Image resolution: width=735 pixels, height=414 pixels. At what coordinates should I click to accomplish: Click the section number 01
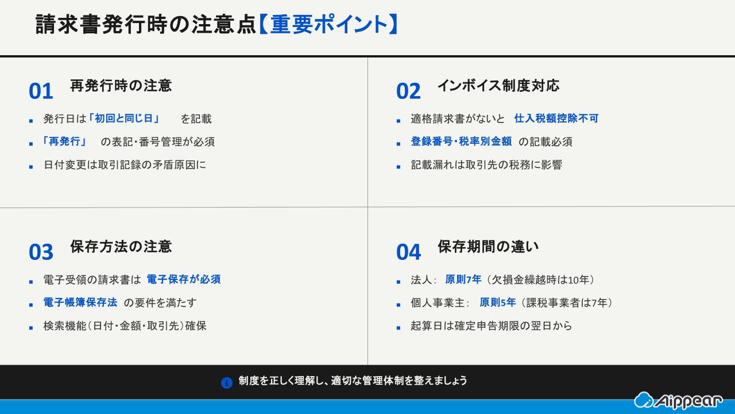[x=41, y=91]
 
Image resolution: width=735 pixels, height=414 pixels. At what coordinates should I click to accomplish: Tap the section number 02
[x=408, y=91]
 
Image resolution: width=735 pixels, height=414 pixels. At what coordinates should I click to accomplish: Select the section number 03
[x=41, y=252]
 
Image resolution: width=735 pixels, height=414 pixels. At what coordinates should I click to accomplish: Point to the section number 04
[x=408, y=252]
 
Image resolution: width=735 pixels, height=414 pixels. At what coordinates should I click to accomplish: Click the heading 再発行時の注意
[x=121, y=86]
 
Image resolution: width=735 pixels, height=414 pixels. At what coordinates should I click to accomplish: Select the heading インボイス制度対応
[x=498, y=86]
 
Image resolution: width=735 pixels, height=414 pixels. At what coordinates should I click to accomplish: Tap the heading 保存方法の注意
[x=121, y=247]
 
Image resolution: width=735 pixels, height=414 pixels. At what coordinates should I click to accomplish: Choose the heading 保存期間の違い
[x=488, y=247]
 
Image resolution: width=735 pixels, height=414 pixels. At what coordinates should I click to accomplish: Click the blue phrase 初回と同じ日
[x=124, y=118]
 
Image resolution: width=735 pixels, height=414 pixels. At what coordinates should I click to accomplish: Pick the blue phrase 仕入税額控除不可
[x=556, y=118]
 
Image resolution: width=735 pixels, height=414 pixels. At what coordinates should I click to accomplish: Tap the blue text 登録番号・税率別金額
[x=461, y=141]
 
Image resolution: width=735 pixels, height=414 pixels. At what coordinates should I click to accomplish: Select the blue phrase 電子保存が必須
[x=183, y=279]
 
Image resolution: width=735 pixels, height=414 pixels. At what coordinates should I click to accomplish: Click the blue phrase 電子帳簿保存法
[x=80, y=302]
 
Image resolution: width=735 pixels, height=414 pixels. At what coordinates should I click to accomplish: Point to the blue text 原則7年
[x=463, y=279]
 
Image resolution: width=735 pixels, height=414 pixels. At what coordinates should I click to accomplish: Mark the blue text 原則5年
[x=497, y=302]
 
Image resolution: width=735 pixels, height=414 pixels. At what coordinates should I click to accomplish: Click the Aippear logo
[x=678, y=401]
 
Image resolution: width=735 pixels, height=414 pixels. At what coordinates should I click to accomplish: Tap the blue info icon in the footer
[x=227, y=382]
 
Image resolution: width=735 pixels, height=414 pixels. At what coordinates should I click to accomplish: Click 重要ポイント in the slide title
[x=328, y=25]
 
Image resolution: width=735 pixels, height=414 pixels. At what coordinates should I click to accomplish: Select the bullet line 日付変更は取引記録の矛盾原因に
[x=125, y=165]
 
